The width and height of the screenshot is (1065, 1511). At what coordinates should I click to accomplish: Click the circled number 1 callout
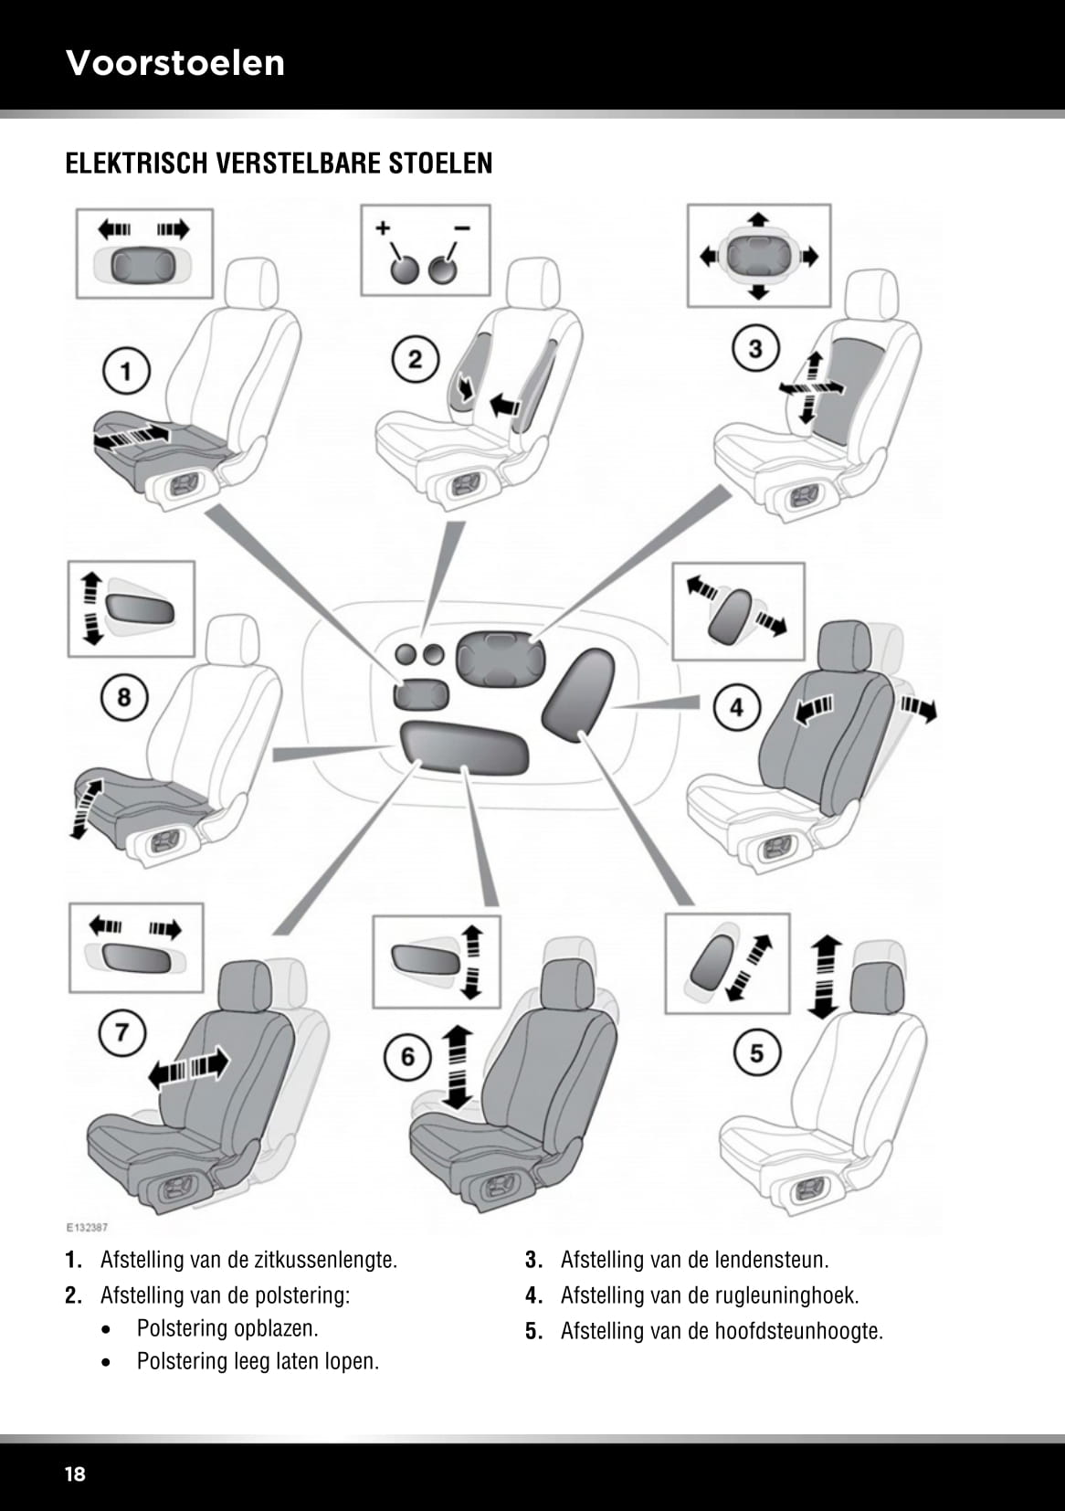tap(126, 371)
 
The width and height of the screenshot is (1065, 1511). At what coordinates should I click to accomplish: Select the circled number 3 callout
tap(755, 349)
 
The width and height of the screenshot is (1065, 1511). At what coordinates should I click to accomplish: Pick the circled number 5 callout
tap(756, 1053)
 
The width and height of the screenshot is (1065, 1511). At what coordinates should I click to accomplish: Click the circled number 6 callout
tap(407, 1057)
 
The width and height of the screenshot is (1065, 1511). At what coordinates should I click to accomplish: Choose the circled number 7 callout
tap(121, 1033)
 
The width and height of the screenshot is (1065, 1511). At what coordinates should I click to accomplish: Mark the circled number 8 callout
tap(123, 698)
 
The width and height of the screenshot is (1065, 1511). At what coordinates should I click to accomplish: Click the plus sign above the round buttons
tap(383, 227)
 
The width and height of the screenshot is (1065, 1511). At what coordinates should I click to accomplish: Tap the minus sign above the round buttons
tap(462, 227)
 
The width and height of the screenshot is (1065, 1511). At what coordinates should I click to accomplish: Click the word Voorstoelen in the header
tap(175, 63)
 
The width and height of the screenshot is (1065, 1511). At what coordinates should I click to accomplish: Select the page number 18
tap(75, 1474)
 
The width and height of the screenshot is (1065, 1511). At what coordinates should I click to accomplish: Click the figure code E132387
tap(86, 1228)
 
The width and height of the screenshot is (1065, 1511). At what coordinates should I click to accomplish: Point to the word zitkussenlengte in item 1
tap(326, 1260)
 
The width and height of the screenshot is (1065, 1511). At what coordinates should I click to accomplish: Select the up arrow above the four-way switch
tap(757, 220)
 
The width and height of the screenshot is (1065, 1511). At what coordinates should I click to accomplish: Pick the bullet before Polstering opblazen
tap(108, 1329)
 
